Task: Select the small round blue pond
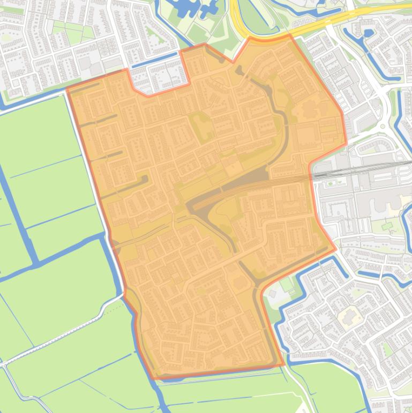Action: (x=368, y=33)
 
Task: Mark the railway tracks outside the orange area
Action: (x=364, y=171)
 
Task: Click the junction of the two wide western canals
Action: (x=36, y=263)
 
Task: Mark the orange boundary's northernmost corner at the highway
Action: (x=290, y=35)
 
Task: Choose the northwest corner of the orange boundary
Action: (x=67, y=90)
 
